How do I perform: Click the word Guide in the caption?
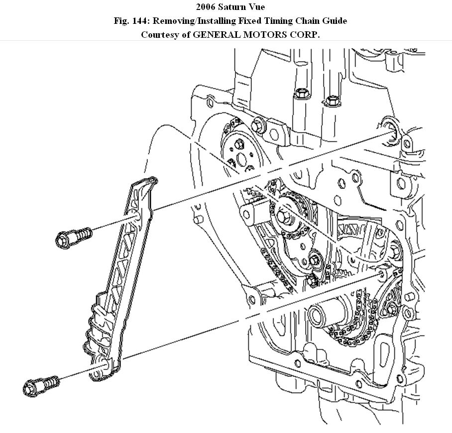[335, 21]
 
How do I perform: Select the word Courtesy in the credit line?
[159, 34]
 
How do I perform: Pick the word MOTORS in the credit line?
[264, 34]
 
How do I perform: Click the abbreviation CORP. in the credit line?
[304, 34]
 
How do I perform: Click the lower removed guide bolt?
[41, 384]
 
